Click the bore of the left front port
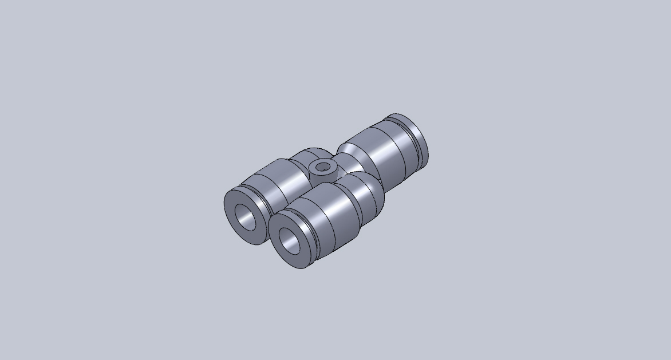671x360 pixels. [x=246, y=216]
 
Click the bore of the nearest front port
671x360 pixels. [x=290, y=241]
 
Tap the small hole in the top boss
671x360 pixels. [x=324, y=168]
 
